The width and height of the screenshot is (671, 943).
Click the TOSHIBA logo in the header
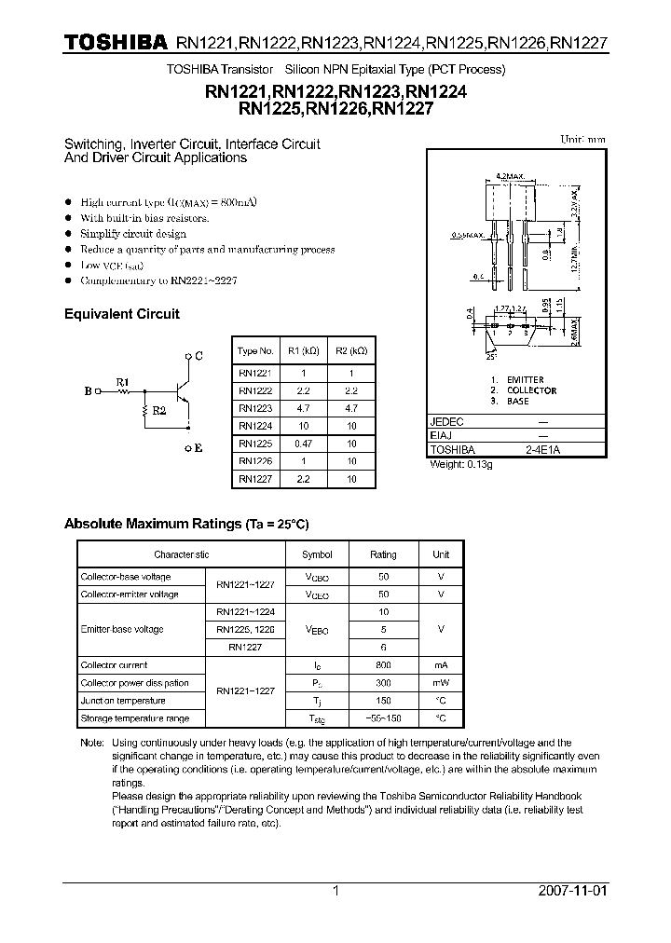tap(116, 43)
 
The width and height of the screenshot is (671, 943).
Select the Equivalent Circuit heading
tap(121, 314)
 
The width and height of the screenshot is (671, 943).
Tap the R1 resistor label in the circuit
tap(122, 381)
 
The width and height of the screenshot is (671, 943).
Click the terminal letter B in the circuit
tap(88, 392)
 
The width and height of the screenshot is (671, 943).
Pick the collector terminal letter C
tap(199, 356)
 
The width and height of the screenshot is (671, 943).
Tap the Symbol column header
tap(317, 554)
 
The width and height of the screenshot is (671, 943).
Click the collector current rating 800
tap(383, 665)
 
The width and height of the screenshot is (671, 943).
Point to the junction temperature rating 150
tap(383, 701)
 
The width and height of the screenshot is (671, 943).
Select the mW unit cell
tap(441, 683)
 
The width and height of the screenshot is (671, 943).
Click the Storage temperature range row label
tap(135, 718)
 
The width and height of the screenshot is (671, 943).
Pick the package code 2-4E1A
tap(542, 449)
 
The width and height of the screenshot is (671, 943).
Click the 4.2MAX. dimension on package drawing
tap(508, 174)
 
